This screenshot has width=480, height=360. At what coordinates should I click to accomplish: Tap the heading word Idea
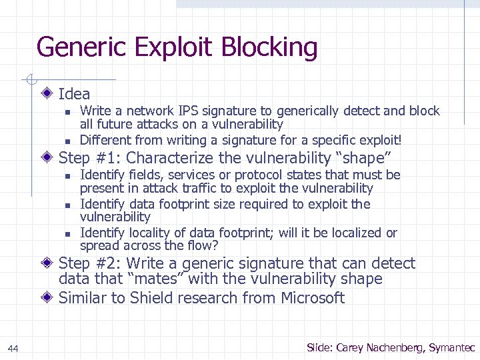coord(74,94)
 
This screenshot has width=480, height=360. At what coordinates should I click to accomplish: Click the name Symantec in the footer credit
coord(452,347)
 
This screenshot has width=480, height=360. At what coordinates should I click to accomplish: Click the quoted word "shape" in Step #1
coord(366,158)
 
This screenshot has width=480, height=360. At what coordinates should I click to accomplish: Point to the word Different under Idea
coord(105,140)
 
